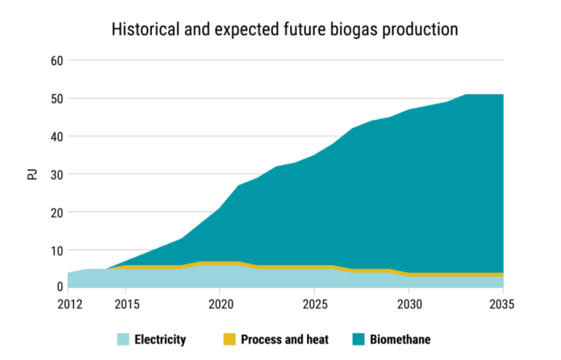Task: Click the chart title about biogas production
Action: point(284,30)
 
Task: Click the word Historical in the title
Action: point(142,30)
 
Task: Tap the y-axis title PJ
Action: point(31,174)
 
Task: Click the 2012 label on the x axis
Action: point(67,303)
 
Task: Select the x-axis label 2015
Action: point(125,303)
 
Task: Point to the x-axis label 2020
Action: point(219,303)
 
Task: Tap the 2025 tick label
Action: point(314,303)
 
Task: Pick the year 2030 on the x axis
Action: point(409,303)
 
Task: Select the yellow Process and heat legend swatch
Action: point(228,340)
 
